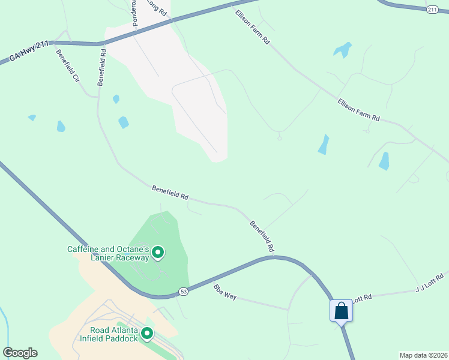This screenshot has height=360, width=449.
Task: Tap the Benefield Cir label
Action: pos(68,65)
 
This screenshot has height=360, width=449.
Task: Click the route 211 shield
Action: pos(433,10)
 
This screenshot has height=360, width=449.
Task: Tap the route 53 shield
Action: pos(184,292)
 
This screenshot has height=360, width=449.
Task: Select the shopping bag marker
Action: pos(341,311)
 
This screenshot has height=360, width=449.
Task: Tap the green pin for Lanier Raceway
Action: pos(158,253)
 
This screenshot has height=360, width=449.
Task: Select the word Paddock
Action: pos(121,338)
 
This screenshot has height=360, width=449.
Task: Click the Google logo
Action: pos(20,352)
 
